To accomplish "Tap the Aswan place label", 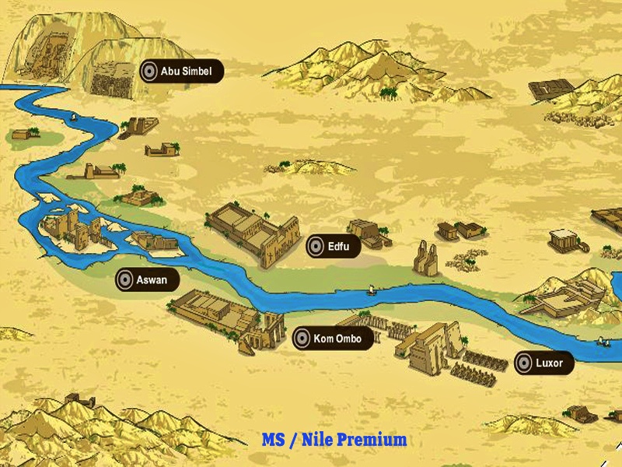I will (152, 280).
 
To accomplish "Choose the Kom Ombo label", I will (337, 339).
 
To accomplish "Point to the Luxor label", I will (549, 363).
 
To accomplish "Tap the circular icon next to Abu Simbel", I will (149, 72).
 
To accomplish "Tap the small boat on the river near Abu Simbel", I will (72, 118).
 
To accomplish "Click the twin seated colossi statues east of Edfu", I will (425, 258).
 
